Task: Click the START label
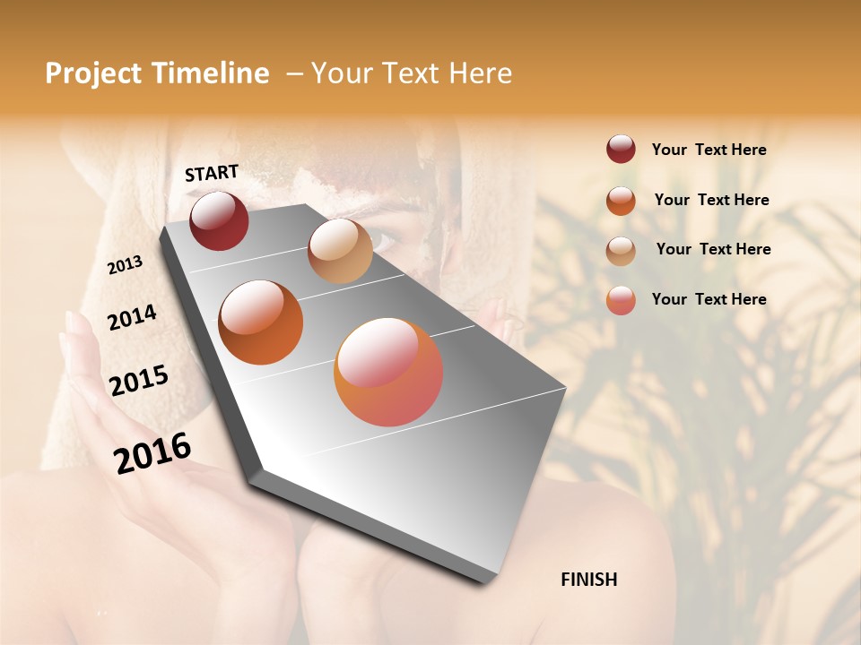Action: (212, 173)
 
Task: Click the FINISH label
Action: (588, 580)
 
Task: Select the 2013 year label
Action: (125, 264)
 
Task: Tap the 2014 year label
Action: (132, 318)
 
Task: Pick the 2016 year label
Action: (152, 452)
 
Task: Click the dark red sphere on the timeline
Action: (219, 220)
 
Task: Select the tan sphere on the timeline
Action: (340, 251)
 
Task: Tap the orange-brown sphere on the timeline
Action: (261, 322)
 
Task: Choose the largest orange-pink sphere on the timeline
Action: (388, 372)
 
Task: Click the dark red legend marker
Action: (621, 150)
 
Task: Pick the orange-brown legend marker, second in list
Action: (621, 201)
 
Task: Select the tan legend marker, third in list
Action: (621, 250)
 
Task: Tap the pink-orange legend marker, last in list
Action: (621, 300)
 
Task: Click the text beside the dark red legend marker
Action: (709, 150)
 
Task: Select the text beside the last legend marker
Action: (709, 299)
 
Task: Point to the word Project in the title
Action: (93, 74)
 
